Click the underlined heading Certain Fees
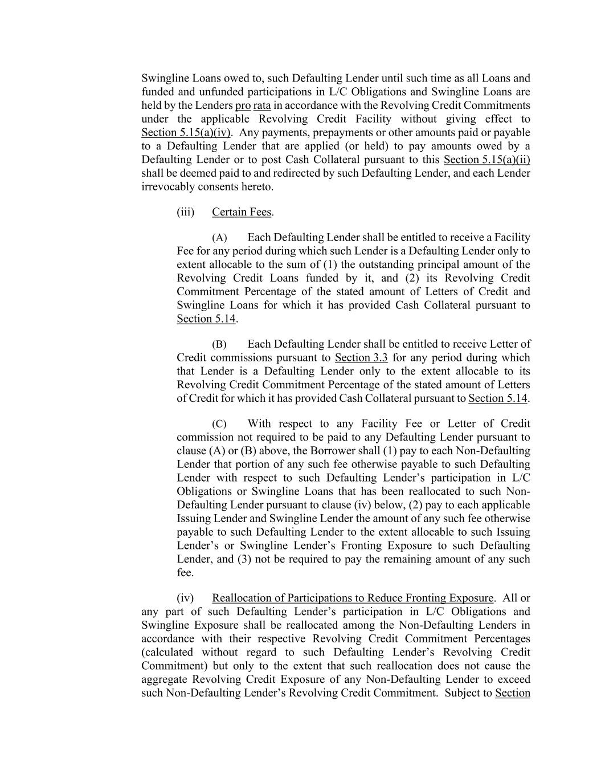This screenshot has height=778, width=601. coord(242,212)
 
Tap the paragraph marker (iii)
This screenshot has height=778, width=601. coord(186,212)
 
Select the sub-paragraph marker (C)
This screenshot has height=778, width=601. coord(219,424)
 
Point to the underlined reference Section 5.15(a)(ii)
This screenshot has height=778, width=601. coord(486,160)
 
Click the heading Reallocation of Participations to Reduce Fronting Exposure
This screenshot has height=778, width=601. coord(353,598)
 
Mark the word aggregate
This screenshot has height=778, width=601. coord(164,679)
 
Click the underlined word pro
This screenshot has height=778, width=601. coord(243,105)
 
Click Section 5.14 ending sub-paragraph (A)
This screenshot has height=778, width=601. coord(206,319)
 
